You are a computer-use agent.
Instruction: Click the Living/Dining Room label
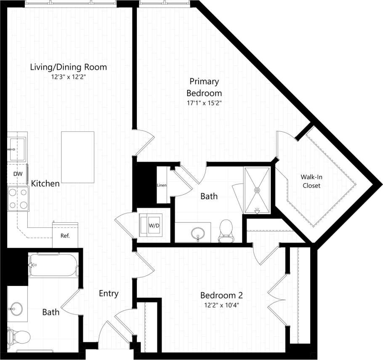point(68,67)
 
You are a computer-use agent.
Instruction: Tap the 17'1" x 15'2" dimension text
point(204,102)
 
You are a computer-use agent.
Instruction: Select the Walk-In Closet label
point(311,181)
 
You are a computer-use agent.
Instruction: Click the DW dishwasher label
point(17,173)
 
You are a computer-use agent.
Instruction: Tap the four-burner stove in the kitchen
point(18,199)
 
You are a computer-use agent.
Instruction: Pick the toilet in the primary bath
point(226,232)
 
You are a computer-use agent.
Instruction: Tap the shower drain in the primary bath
point(256,190)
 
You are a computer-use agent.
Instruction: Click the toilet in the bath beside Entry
point(19,336)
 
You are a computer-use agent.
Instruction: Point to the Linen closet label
point(162,185)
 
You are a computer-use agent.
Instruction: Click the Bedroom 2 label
point(221,295)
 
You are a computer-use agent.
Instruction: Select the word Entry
point(109,293)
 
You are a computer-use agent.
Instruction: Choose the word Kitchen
point(45,184)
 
